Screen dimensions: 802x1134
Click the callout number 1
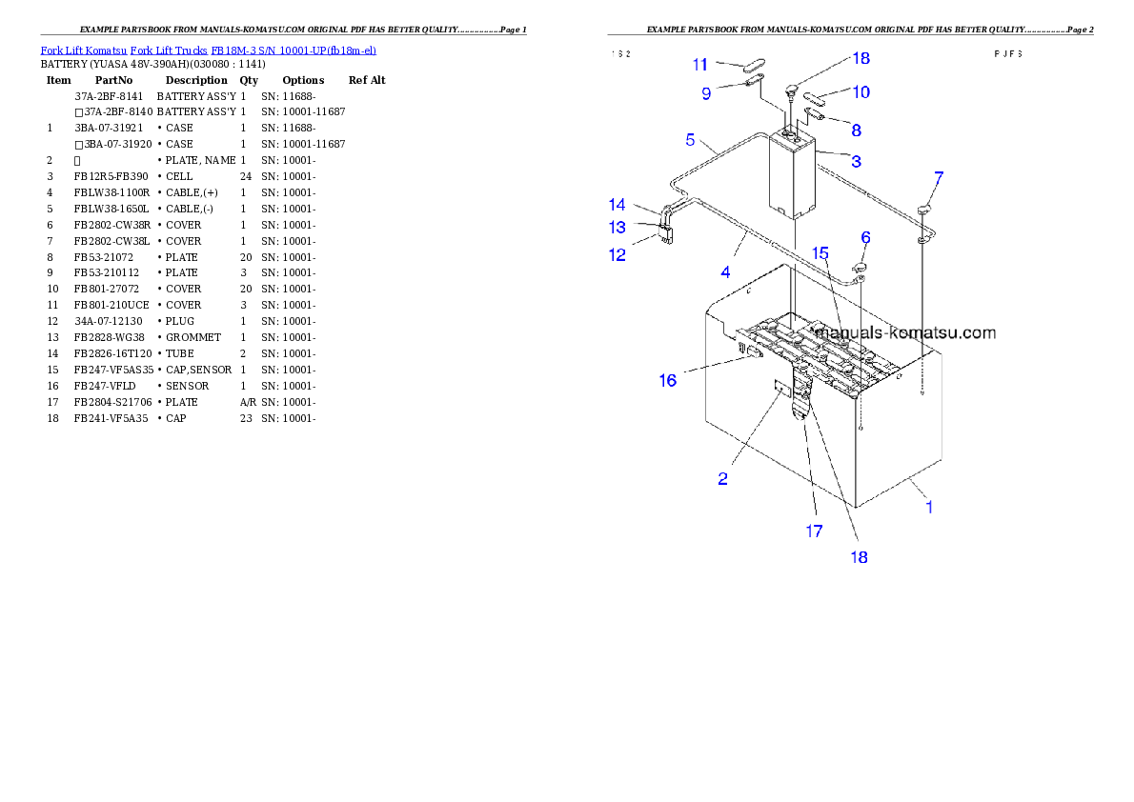[930, 507]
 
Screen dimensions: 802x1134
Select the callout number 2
[723, 479]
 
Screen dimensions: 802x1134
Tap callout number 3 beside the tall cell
[857, 162]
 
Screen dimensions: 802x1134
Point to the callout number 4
[726, 272]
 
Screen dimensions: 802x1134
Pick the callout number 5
[690, 140]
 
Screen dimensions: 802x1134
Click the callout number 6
[865, 237]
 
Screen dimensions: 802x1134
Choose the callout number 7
[939, 177]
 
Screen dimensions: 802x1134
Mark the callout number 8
[857, 130]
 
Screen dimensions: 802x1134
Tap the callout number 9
[706, 93]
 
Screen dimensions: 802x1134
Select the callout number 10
[861, 92]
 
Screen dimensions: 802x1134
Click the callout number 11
[700, 65]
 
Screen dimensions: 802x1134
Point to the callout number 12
[618, 255]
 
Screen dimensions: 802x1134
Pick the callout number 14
[618, 205]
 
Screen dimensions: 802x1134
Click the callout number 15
[820, 253]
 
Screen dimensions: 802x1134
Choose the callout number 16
[668, 381]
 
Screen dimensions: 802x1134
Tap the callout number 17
[814, 531]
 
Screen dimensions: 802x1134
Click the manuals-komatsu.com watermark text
[906, 333]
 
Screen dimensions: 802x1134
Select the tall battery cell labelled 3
[793, 176]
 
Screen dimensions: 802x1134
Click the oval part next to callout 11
[753, 66]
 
